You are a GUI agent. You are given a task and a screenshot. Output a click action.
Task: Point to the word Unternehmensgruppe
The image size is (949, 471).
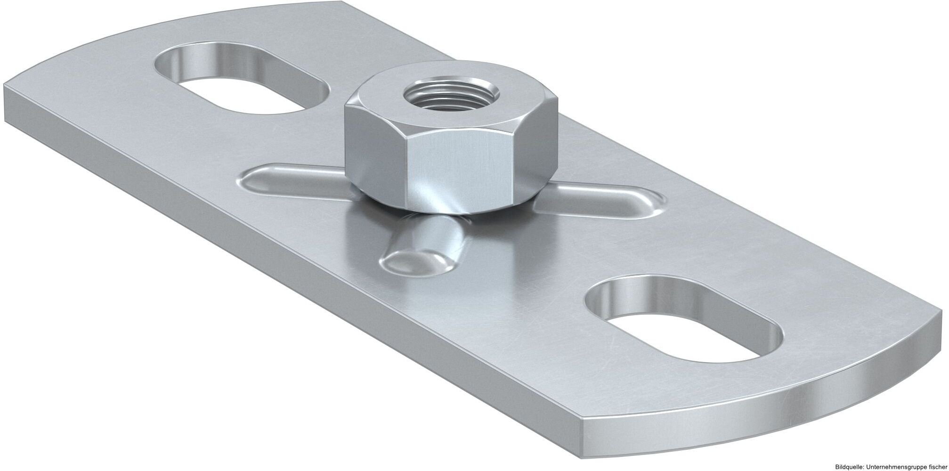tap(900, 465)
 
